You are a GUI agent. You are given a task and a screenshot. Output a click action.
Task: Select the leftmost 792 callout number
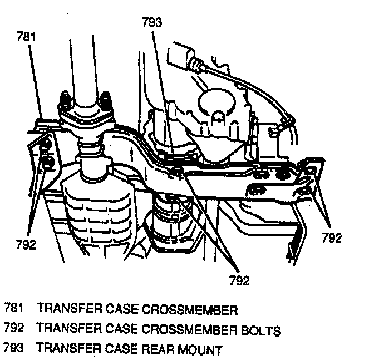[26, 244]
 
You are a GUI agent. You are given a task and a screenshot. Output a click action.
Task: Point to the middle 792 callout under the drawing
[239, 280]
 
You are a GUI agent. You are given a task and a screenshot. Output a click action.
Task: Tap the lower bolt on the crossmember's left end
[48, 163]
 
